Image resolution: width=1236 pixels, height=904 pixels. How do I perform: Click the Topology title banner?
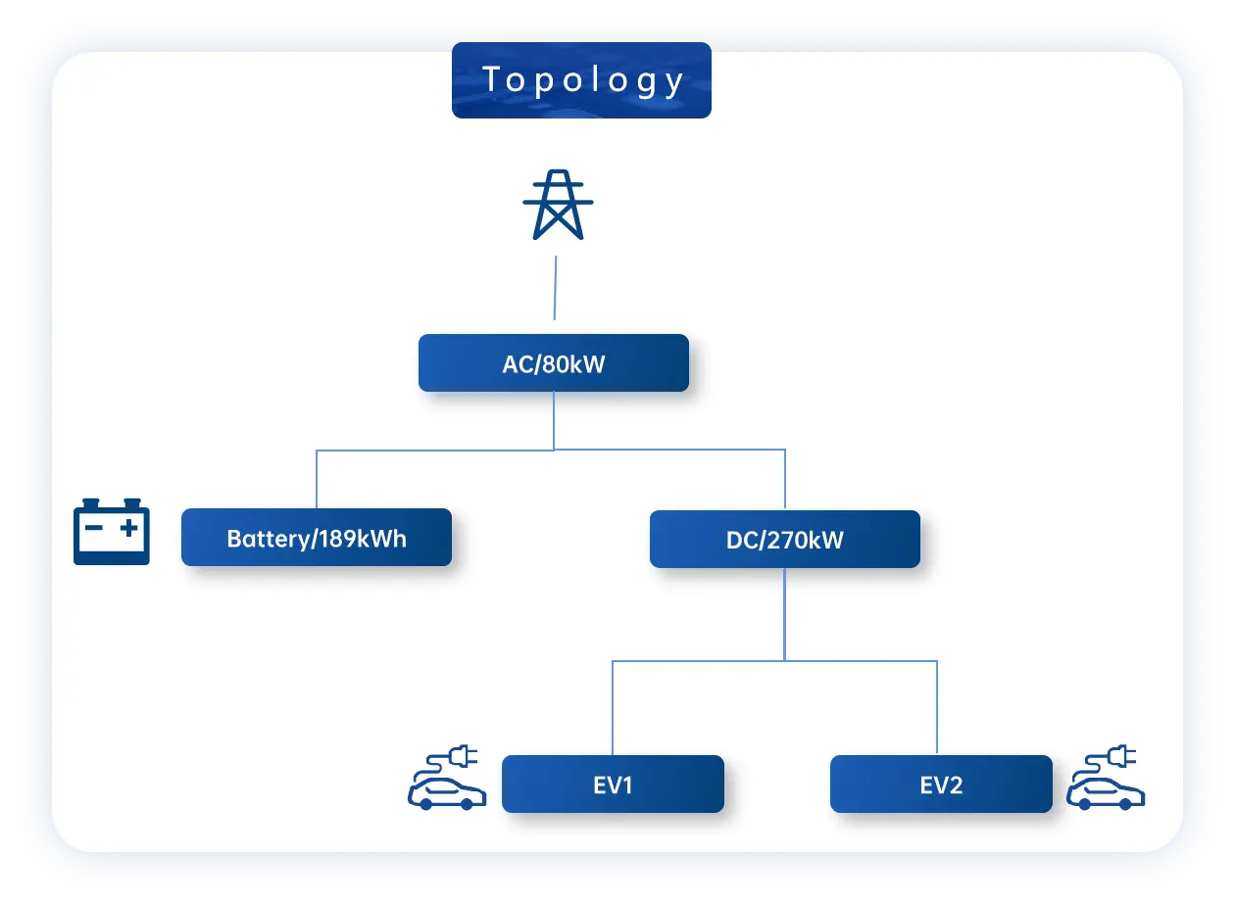pos(581,81)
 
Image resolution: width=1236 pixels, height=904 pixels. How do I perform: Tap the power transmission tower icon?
pos(558,205)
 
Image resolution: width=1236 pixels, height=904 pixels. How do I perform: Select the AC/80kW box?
pos(554,363)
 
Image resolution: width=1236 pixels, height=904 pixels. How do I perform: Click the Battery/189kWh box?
pos(317,537)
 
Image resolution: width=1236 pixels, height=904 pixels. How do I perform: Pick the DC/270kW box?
pos(784,539)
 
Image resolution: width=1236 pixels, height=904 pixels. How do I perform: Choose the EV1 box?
pos(613,784)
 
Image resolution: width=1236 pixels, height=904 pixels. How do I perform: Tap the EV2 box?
pos(941,784)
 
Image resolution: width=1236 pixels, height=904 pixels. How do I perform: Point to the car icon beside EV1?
pos(447,792)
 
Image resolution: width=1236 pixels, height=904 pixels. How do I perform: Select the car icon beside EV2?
pos(1106,792)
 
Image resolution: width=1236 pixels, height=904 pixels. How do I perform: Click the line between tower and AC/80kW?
pos(556,288)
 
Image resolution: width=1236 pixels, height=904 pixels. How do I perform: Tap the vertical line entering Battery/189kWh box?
pos(317,479)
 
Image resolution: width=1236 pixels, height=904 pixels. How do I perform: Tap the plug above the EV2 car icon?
pos(1123,756)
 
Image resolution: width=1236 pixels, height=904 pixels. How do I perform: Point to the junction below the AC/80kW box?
pos(555,450)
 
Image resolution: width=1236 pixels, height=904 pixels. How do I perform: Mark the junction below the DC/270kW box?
pos(784,660)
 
